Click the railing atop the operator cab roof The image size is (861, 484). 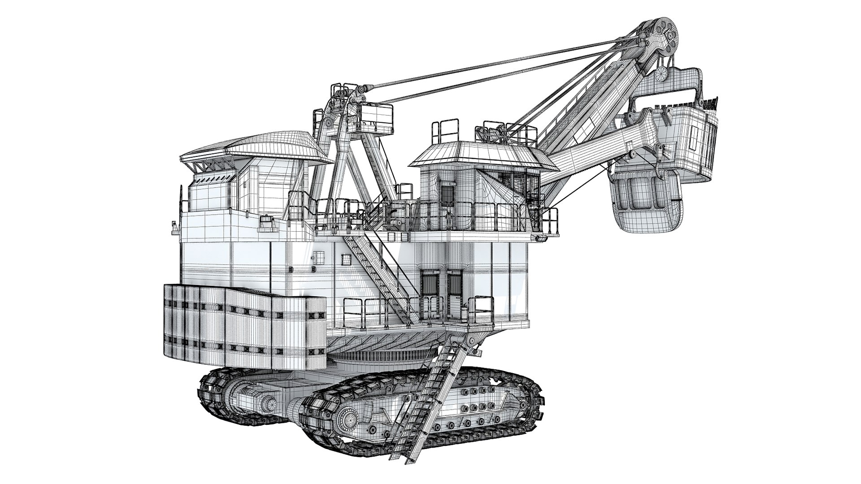[446, 130]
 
